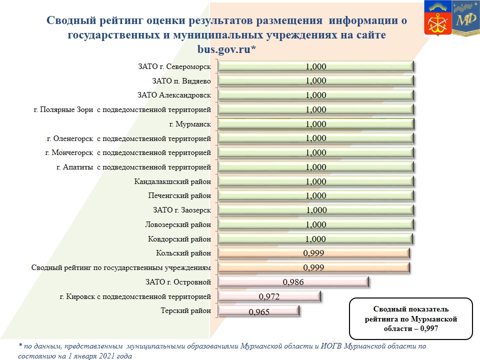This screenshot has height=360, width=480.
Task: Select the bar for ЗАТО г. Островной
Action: [x=293, y=282]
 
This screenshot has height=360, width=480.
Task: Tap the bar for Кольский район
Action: [x=314, y=253]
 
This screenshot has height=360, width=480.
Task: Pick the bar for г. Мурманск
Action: [x=316, y=124]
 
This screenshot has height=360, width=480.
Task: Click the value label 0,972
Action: [x=269, y=296]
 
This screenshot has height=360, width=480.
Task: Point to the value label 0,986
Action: [x=293, y=282]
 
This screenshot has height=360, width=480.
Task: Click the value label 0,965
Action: [x=259, y=312]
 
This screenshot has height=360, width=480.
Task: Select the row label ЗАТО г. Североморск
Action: [x=174, y=66]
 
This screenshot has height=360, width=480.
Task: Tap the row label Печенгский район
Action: [x=179, y=195]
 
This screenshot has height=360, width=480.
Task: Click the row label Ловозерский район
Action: [x=178, y=224]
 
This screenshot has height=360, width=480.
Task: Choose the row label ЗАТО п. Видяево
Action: [x=181, y=81]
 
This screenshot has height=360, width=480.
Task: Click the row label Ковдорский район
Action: [x=179, y=239]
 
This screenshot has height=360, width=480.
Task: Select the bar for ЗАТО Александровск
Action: [x=316, y=95]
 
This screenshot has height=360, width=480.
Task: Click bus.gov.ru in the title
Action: [x=224, y=49]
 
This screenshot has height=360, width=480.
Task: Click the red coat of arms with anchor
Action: [x=438, y=18]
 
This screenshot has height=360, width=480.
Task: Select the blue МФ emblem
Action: [x=466, y=18]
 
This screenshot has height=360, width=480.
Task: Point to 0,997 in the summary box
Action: [x=429, y=329]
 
